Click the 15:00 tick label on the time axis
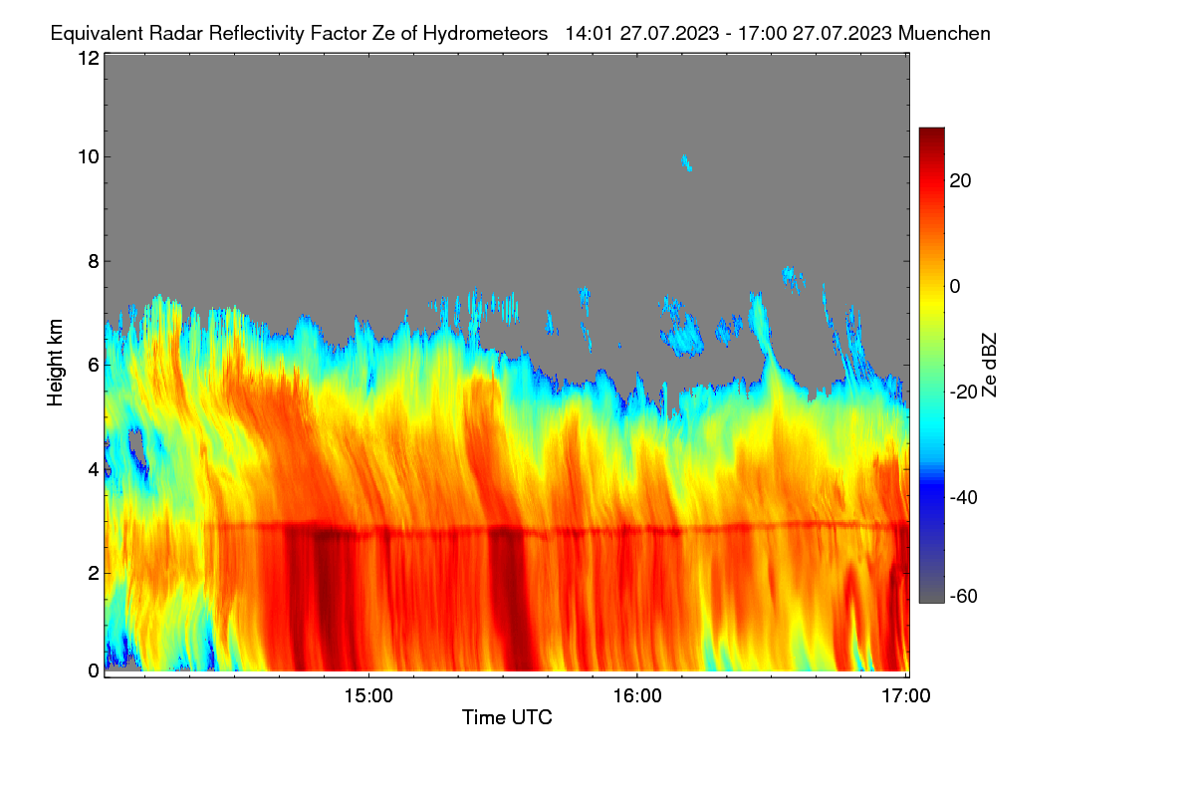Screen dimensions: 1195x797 pyautogui.click(x=368, y=696)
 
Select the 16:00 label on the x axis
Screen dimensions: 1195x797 pyautogui.click(x=637, y=696)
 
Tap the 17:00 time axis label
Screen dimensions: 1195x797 pyautogui.click(x=906, y=696)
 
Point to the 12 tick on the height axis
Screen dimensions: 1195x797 pyautogui.click(x=89, y=58)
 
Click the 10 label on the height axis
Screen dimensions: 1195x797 pyautogui.click(x=89, y=157)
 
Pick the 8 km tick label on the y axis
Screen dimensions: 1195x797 pyautogui.click(x=94, y=262)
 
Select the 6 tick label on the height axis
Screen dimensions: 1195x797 pyautogui.click(x=94, y=366)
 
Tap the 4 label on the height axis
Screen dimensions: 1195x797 pyautogui.click(x=94, y=470)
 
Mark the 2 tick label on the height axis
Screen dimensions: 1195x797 pyautogui.click(x=94, y=573)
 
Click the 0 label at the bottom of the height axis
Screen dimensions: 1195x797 pyautogui.click(x=94, y=671)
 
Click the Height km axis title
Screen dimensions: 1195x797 pyautogui.click(x=55, y=363)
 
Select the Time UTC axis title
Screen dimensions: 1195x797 pyautogui.click(x=507, y=718)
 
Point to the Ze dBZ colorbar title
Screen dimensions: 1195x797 pyautogui.click(x=989, y=366)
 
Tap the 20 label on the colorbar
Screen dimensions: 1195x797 pyautogui.click(x=960, y=181)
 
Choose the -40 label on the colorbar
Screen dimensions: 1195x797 pyautogui.click(x=964, y=498)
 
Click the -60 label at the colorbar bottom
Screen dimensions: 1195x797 pyautogui.click(x=964, y=597)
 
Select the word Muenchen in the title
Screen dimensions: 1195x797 pyautogui.click(x=944, y=34)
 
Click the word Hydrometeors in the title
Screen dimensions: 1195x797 pyautogui.click(x=485, y=34)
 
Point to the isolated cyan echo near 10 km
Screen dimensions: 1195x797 pyautogui.click(x=686, y=162)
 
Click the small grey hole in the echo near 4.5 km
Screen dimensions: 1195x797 pyautogui.click(x=137, y=447)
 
